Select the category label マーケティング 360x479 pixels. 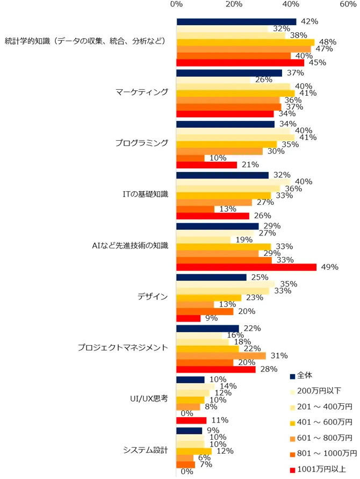pyautogui.click(x=142, y=92)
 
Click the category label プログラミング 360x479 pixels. pyautogui.click(x=142, y=143)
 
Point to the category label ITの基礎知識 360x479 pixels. pyautogui.click(x=147, y=194)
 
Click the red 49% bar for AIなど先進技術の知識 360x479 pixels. pyautogui.click(x=246, y=267)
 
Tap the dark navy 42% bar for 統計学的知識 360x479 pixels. pyautogui.click(x=236, y=22)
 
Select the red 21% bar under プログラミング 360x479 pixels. pyautogui.click(x=206, y=165)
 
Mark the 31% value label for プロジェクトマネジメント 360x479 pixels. pyautogui.click(x=279, y=355)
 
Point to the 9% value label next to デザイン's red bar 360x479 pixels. pyautogui.click(x=211, y=318)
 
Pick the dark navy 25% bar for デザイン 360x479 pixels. pyautogui.click(x=212, y=277)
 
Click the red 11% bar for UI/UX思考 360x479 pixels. pyautogui.click(x=191, y=420)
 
